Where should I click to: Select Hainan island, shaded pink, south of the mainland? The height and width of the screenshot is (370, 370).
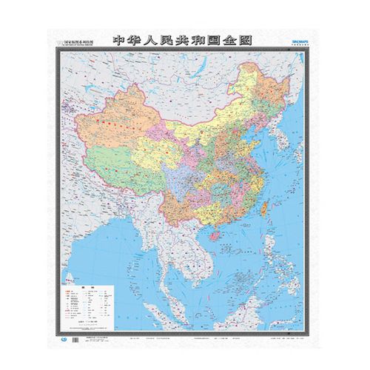(x=216, y=235)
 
